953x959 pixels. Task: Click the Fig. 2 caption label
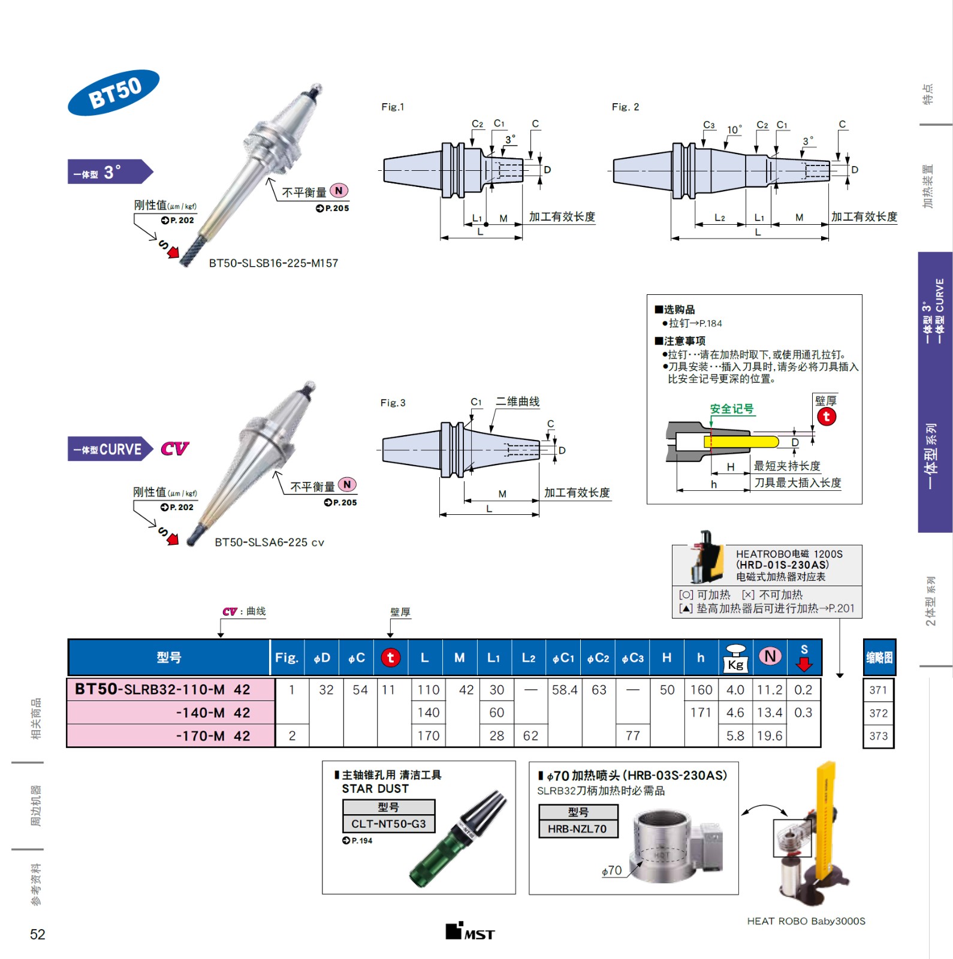point(625,107)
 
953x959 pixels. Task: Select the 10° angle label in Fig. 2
point(734,130)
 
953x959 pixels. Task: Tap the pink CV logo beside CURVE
point(174,448)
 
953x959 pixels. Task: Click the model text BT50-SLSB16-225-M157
point(273,263)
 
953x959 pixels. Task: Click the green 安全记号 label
point(731,409)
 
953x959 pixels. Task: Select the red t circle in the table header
point(390,658)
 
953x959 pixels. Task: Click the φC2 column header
point(598,658)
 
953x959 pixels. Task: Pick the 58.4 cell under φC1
point(565,690)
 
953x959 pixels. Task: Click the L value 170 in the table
point(429,735)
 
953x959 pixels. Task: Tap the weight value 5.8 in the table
point(735,735)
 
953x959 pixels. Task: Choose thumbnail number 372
point(878,713)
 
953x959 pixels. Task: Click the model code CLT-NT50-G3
point(388,824)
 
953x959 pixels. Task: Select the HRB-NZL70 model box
point(577,828)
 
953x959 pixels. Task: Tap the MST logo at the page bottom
point(470,932)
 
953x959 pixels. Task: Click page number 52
point(37,934)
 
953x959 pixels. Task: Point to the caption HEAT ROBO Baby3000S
point(806,921)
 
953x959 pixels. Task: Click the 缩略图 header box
point(879,658)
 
